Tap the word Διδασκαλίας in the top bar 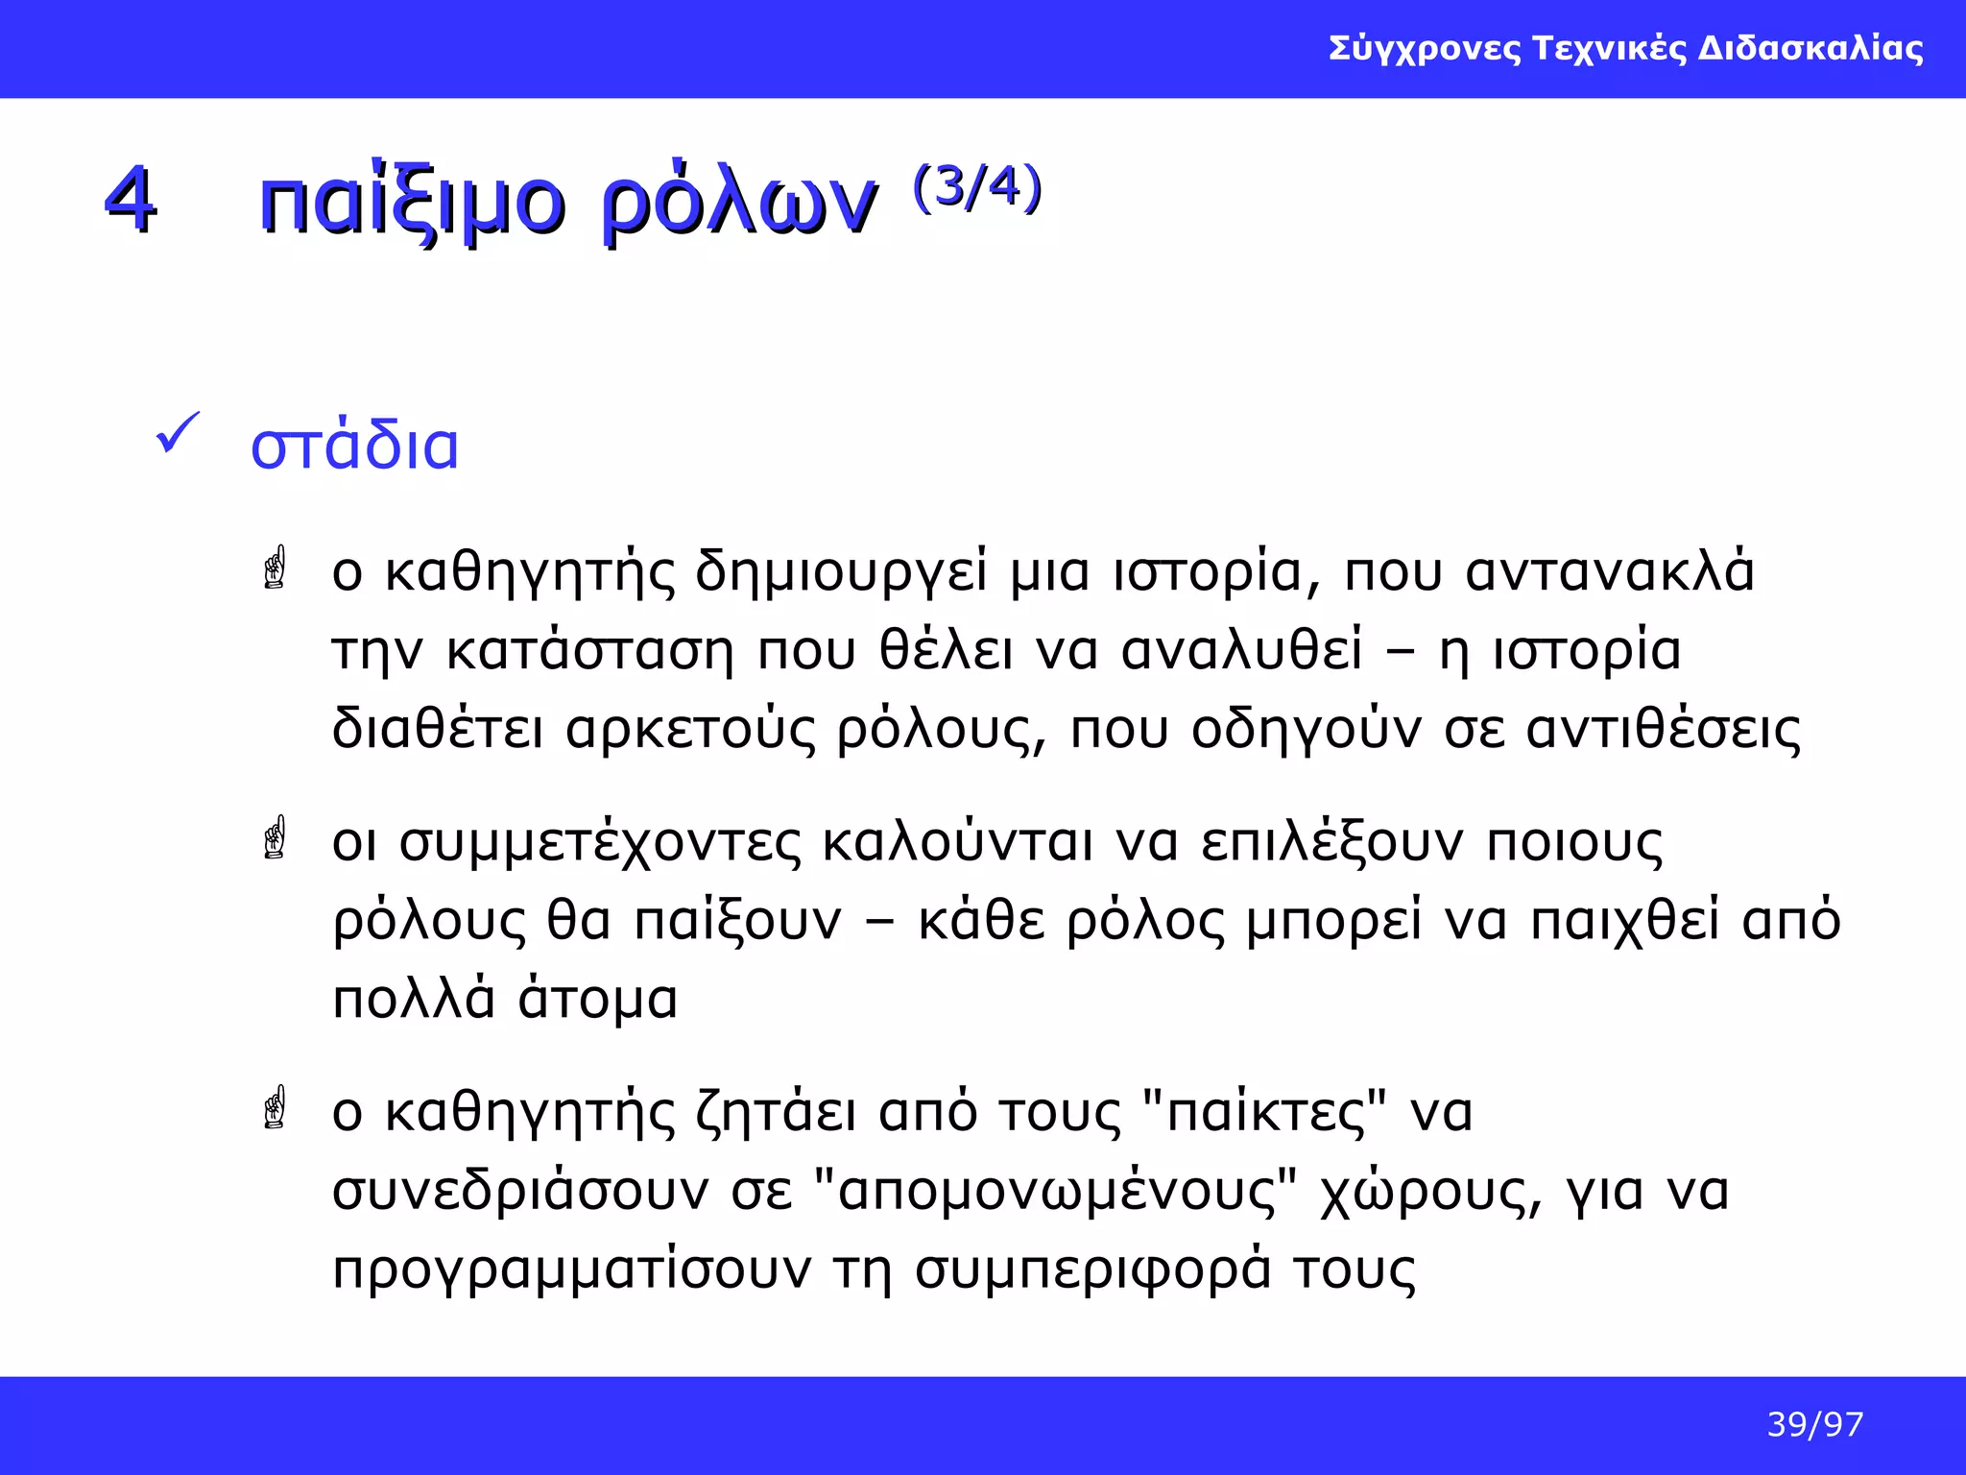pyautogui.click(x=1810, y=48)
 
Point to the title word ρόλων pyautogui.click(x=739, y=204)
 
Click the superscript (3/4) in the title pyautogui.click(x=977, y=187)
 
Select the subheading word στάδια pyautogui.click(x=355, y=447)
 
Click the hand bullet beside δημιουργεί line pyautogui.click(x=276, y=568)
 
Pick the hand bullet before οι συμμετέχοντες pyautogui.click(x=276, y=837)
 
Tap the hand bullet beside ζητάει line pyautogui.click(x=276, y=1107)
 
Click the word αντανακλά pyautogui.click(x=1610, y=571)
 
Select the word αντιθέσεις pyautogui.click(x=1664, y=730)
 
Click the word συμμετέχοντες pyautogui.click(x=600, y=843)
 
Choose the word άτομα pyautogui.click(x=598, y=999)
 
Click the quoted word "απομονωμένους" pyautogui.click(x=1055, y=1192)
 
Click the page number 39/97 pyautogui.click(x=1814, y=1425)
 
